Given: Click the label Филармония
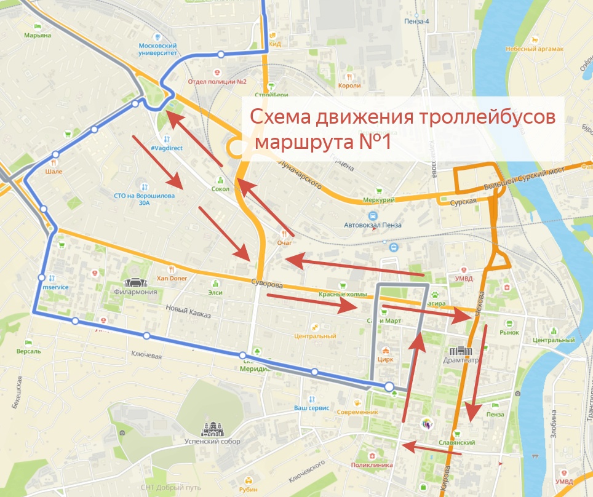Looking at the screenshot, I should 135,292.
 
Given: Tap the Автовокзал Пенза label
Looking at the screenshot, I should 372,225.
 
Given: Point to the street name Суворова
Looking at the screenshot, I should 266,285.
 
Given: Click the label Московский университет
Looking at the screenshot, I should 157,50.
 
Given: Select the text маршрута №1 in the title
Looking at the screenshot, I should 322,142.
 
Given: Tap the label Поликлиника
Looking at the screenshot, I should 372,465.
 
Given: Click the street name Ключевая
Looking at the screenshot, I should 146,355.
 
